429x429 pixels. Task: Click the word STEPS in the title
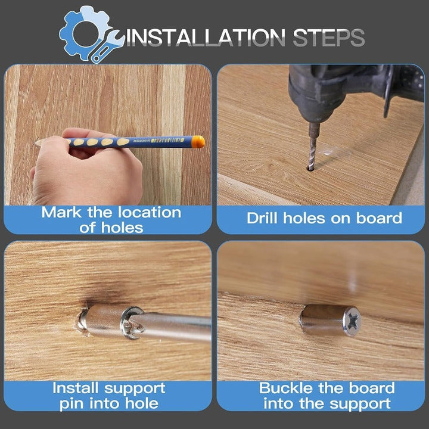coord(328,38)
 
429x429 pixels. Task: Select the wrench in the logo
coord(107,47)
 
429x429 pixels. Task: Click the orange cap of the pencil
coord(198,142)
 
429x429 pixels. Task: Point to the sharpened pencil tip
coord(37,142)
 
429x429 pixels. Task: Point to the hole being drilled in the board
coord(310,168)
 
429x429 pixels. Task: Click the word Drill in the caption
coord(262,218)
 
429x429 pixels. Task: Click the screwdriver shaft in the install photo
coord(175,327)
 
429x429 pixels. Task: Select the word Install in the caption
coord(75,388)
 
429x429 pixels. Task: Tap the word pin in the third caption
coord(72,404)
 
